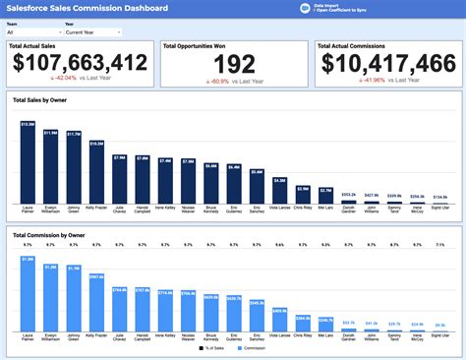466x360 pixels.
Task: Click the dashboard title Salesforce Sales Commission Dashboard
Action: click(87, 8)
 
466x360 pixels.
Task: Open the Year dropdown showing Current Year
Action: click(92, 31)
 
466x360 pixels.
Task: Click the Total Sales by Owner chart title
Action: click(39, 100)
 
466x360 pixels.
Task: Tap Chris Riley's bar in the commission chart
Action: click(302, 326)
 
